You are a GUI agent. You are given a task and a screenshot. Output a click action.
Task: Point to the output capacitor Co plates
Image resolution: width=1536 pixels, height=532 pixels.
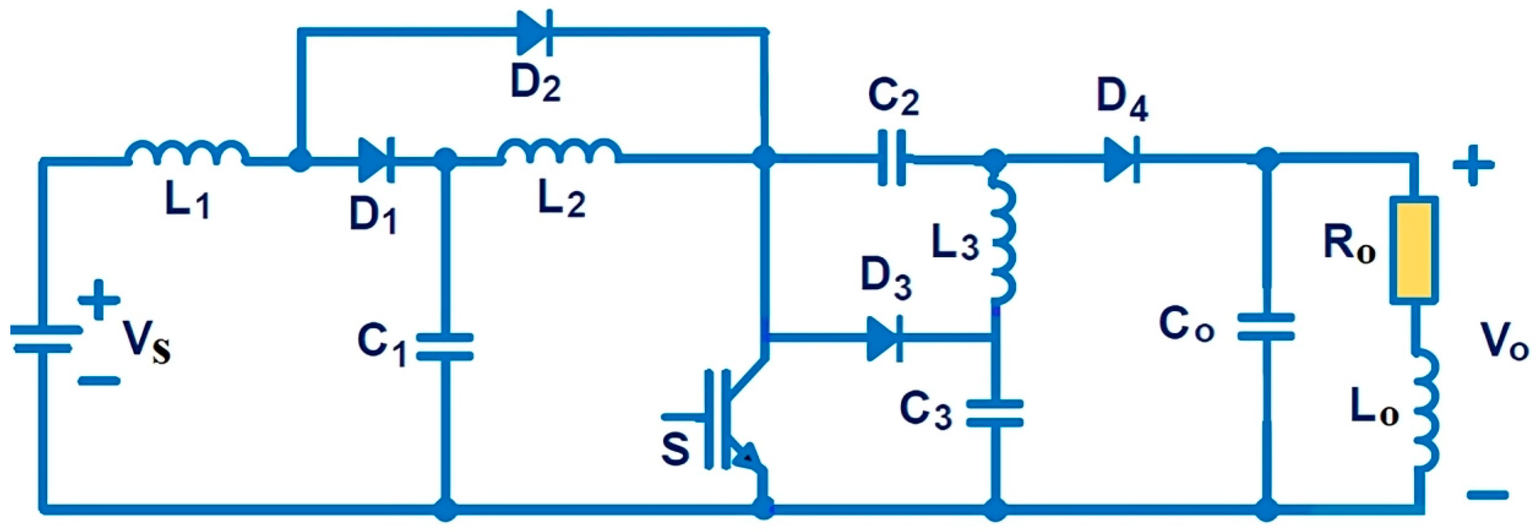1265,327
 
